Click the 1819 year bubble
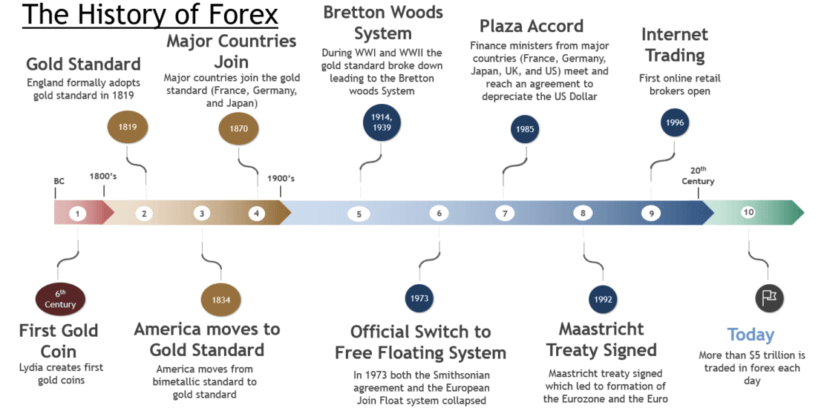pos(128,127)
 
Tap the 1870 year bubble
pos(238,128)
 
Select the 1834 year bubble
pos(221,300)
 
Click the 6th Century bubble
pos(60,300)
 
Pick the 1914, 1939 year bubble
pos(382,122)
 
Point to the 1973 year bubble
pos(420,298)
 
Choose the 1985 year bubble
pos(525,129)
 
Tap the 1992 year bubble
pos(602,300)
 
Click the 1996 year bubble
pos(675,123)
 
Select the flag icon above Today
pos(770,297)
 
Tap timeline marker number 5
pos(359,214)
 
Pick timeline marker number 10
pos(748,213)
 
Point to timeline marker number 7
pos(505,214)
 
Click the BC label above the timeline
pos(59,180)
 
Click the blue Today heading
pos(751,335)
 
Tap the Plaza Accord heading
pos(532,26)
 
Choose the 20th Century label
pos(698,176)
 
